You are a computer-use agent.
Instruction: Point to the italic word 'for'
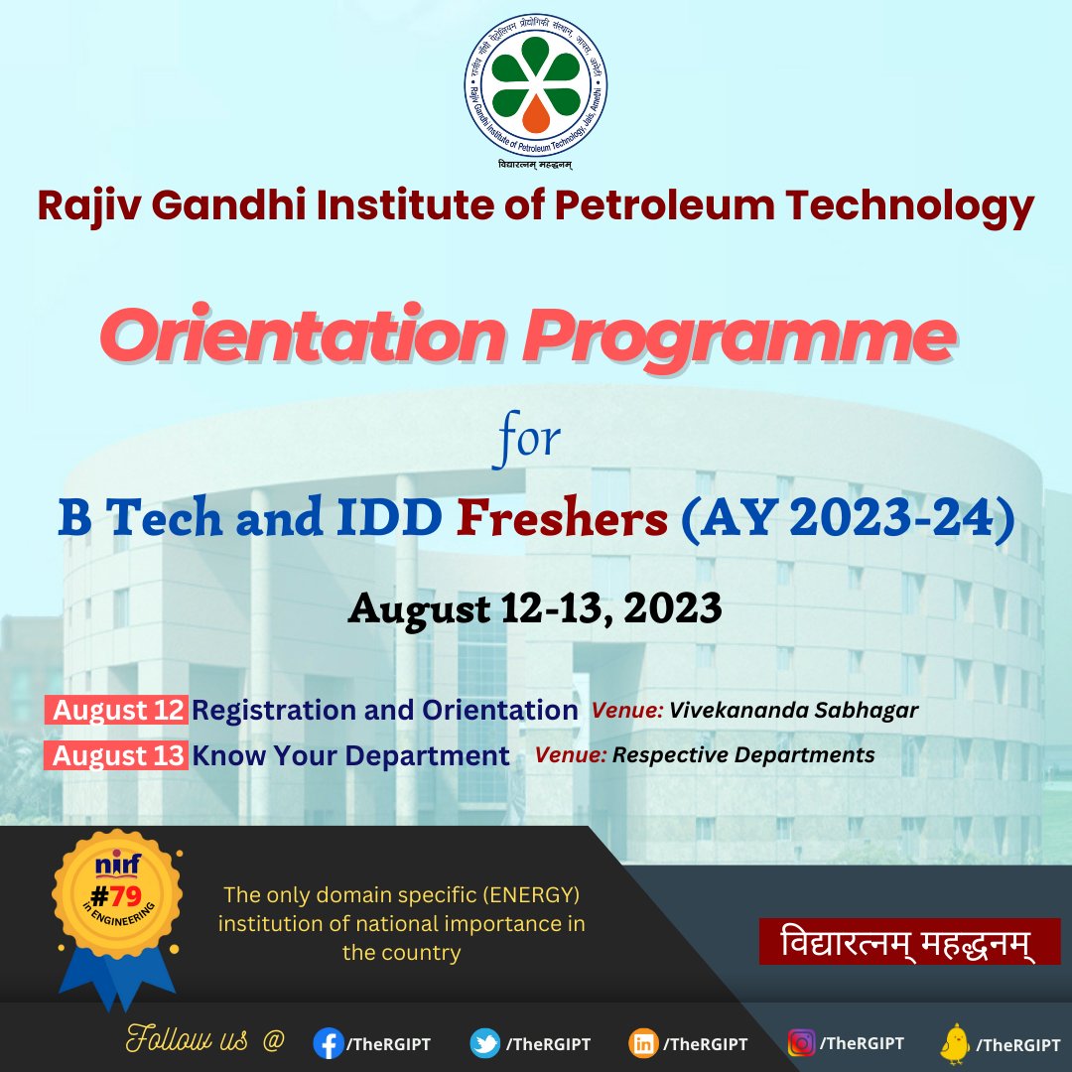click(526, 439)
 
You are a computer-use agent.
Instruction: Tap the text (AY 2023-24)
click(847, 521)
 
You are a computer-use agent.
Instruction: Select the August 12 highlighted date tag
click(117, 711)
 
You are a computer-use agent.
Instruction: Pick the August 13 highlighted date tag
click(117, 755)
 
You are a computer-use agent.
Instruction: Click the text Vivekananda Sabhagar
click(793, 711)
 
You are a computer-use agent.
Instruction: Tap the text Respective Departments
click(743, 754)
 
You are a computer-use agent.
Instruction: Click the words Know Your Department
click(350, 755)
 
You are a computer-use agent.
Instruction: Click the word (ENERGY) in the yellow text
click(532, 895)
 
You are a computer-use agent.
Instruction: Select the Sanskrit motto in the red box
click(909, 941)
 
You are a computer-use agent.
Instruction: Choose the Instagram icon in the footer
click(801, 1043)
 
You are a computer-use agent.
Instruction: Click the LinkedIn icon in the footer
click(642, 1043)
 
